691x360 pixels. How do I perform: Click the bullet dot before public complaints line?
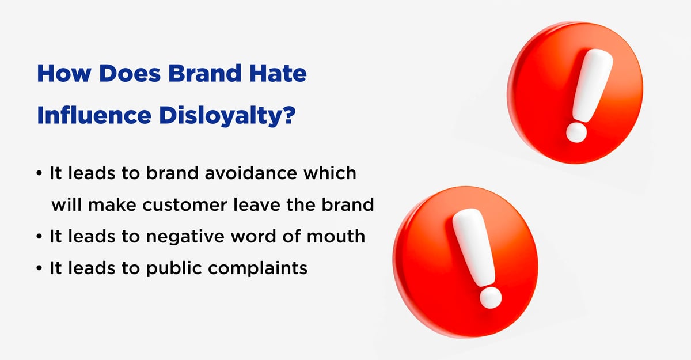(x=40, y=269)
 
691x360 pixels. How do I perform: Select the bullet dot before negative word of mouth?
(x=40, y=237)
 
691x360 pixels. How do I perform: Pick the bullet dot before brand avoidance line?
(x=40, y=174)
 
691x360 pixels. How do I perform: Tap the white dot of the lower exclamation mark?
(x=491, y=297)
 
